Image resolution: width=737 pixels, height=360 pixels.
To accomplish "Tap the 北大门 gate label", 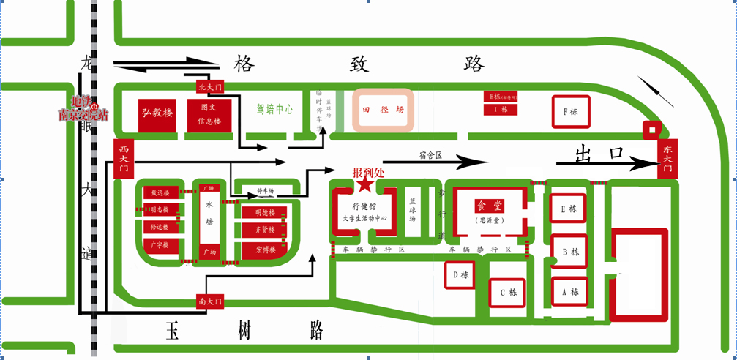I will click(209, 87).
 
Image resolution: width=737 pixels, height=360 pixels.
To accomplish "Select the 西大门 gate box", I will click(122, 158).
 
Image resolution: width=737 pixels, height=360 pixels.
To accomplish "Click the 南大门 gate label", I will click(209, 301).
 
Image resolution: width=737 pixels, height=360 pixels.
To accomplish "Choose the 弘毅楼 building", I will click(157, 113).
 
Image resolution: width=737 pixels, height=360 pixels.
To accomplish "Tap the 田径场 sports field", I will click(384, 111).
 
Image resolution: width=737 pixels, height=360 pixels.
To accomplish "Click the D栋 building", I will click(460, 275).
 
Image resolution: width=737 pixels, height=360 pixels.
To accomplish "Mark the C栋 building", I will click(508, 293).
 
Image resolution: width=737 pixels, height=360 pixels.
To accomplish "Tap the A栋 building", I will click(569, 291).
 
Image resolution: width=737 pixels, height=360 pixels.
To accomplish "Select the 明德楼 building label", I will click(264, 213).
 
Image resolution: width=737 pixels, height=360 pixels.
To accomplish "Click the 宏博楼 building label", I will click(264, 250).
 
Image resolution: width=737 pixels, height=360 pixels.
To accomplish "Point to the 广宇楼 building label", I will click(160, 245).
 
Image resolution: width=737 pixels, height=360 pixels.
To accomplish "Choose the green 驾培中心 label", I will click(274, 109).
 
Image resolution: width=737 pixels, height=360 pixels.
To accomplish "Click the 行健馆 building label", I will click(363, 207).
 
